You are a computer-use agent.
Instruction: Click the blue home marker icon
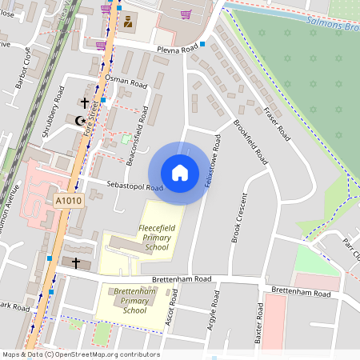[x=180, y=172]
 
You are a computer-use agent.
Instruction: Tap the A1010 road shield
[x=68, y=201]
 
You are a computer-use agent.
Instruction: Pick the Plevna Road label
[x=177, y=50]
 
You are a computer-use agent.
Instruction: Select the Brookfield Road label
[x=250, y=144]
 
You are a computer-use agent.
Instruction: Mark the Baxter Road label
[x=259, y=324]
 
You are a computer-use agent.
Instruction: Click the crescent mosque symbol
[x=79, y=120]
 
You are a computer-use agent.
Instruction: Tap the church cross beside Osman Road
[x=85, y=102]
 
